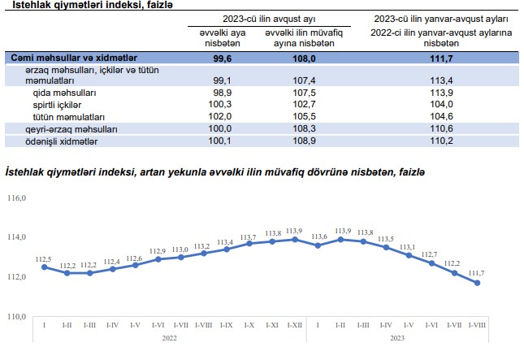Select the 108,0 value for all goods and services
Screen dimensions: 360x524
click(303, 59)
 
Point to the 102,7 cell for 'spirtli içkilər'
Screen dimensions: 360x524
click(303, 105)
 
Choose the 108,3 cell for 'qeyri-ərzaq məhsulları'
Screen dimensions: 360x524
click(303, 129)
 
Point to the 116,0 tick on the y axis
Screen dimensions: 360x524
click(17, 197)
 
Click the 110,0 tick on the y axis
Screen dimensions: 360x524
click(17, 316)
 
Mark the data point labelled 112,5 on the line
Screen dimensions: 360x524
click(44, 267)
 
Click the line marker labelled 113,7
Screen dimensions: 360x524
click(249, 243)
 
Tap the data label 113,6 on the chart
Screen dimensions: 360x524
click(318, 236)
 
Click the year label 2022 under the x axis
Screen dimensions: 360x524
click(169, 337)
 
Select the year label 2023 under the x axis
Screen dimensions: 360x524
click(397, 337)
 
